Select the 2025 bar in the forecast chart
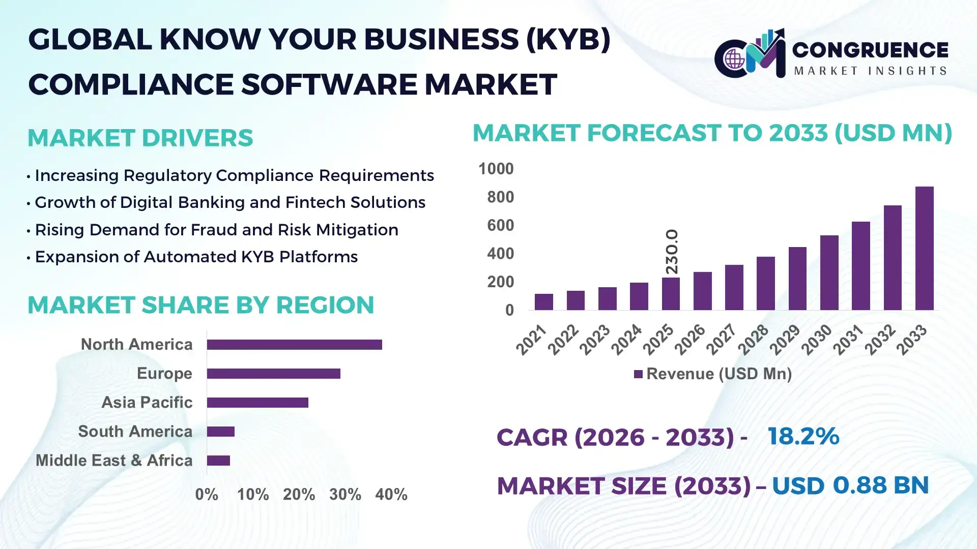pyautogui.click(x=671, y=294)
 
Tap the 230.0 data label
pyautogui.click(x=672, y=252)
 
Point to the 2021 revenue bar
pyautogui.click(x=543, y=302)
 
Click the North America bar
pyautogui.click(x=294, y=345)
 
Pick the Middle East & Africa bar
pyautogui.click(x=218, y=461)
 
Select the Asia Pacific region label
pyautogui.click(x=147, y=403)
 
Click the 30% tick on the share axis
pyautogui.click(x=345, y=495)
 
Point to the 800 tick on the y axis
pyautogui.click(x=500, y=197)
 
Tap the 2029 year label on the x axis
pyautogui.click(x=785, y=340)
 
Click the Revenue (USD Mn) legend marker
pyautogui.click(x=638, y=374)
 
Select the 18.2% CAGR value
pyautogui.click(x=803, y=436)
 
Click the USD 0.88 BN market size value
pyautogui.click(x=850, y=485)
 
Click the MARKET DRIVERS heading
pyautogui.click(x=140, y=138)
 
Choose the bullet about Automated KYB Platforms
pyautogui.click(x=196, y=257)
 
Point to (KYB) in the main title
pyautogui.click(x=568, y=39)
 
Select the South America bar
pyautogui.click(x=221, y=432)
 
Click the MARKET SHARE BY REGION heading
pyautogui.click(x=200, y=305)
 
